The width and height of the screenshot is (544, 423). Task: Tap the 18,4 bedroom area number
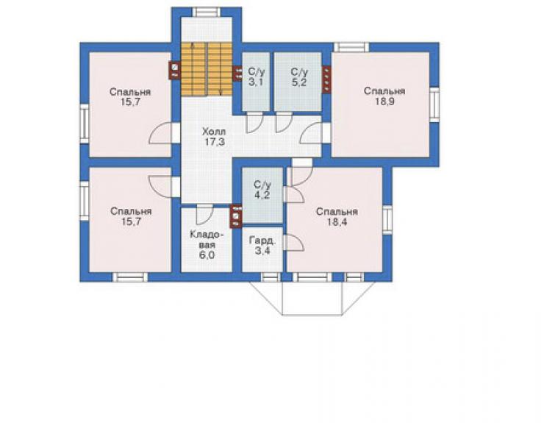pyautogui.click(x=337, y=222)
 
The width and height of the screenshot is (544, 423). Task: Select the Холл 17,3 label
pyautogui.click(x=214, y=137)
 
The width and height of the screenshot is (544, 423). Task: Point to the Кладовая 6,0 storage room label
pyautogui.click(x=206, y=245)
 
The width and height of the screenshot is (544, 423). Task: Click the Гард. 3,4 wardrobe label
pyautogui.click(x=262, y=246)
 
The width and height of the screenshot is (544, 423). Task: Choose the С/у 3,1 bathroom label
pyautogui.click(x=257, y=77)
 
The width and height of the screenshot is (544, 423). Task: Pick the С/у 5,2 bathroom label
pyautogui.click(x=299, y=77)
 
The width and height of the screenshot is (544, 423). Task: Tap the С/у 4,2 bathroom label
pyautogui.click(x=262, y=190)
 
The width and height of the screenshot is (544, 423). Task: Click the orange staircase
pyautogui.click(x=206, y=69)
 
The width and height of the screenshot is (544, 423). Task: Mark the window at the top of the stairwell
pyautogui.click(x=207, y=13)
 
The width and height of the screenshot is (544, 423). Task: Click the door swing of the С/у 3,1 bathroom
pyautogui.click(x=254, y=123)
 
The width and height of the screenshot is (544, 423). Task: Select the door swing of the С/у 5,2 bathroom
pyautogui.click(x=284, y=123)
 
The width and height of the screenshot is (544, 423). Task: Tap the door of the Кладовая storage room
pyautogui.click(x=204, y=214)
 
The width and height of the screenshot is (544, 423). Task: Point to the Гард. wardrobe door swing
pyautogui.click(x=293, y=243)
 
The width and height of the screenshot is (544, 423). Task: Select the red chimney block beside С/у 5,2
pyautogui.click(x=326, y=79)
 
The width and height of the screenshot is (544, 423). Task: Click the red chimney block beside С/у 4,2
pyautogui.click(x=236, y=216)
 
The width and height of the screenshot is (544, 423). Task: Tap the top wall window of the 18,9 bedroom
pyautogui.click(x=351, y=47)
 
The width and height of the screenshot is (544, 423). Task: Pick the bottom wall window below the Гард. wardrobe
pyautogui.click(x=271, y=277)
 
